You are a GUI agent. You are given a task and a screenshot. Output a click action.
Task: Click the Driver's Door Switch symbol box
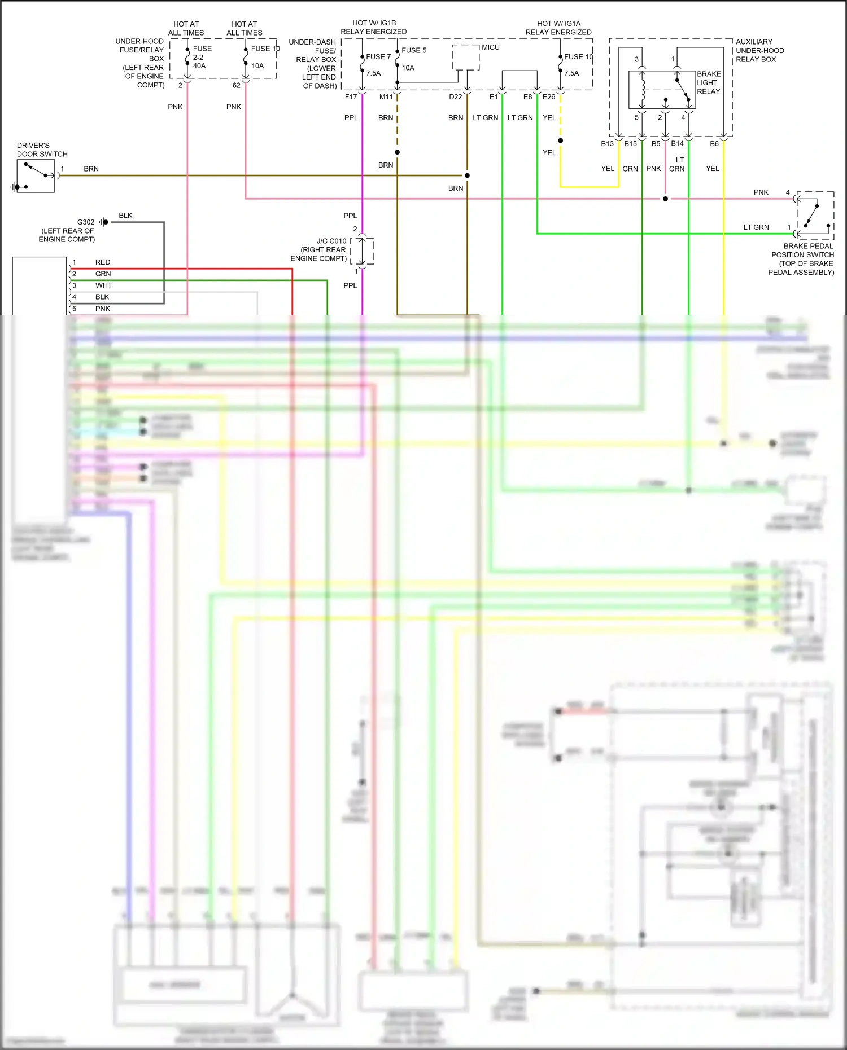click(36, 176)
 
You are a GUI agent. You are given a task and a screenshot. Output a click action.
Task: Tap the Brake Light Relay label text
click(709, 83)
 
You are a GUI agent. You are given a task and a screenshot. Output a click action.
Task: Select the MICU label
click(490, 47)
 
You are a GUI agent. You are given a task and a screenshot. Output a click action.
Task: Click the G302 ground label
click(86, 222)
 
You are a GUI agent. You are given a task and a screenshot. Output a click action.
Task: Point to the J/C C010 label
click(331, 241)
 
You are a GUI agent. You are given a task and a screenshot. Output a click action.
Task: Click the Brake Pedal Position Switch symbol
click(815, 216)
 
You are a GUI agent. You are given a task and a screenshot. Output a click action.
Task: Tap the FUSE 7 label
click(378, 57)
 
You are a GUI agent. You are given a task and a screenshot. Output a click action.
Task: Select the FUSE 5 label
click(414, 50)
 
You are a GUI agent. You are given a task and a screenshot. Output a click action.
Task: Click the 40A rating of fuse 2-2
click(199, 66)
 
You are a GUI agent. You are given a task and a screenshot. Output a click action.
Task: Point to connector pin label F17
click(351, 97)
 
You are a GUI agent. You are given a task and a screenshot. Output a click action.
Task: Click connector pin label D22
click(455, 97)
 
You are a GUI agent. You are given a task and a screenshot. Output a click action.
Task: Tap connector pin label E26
click(549, 97)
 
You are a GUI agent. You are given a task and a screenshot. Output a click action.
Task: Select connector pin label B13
click(607, 144)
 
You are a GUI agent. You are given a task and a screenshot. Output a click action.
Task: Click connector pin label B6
click(714, 144)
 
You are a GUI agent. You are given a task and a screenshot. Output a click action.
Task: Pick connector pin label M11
click(386, 97)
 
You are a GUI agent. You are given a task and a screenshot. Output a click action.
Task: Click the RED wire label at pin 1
click(103, 262)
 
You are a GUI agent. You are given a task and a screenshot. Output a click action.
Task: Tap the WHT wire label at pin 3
click(103, 285)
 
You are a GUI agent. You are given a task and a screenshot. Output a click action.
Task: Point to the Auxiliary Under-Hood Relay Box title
click(759, 51)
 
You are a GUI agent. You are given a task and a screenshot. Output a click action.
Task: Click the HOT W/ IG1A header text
click(558, 24)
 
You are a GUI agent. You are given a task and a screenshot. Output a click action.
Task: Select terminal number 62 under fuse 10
click(236, 86)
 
